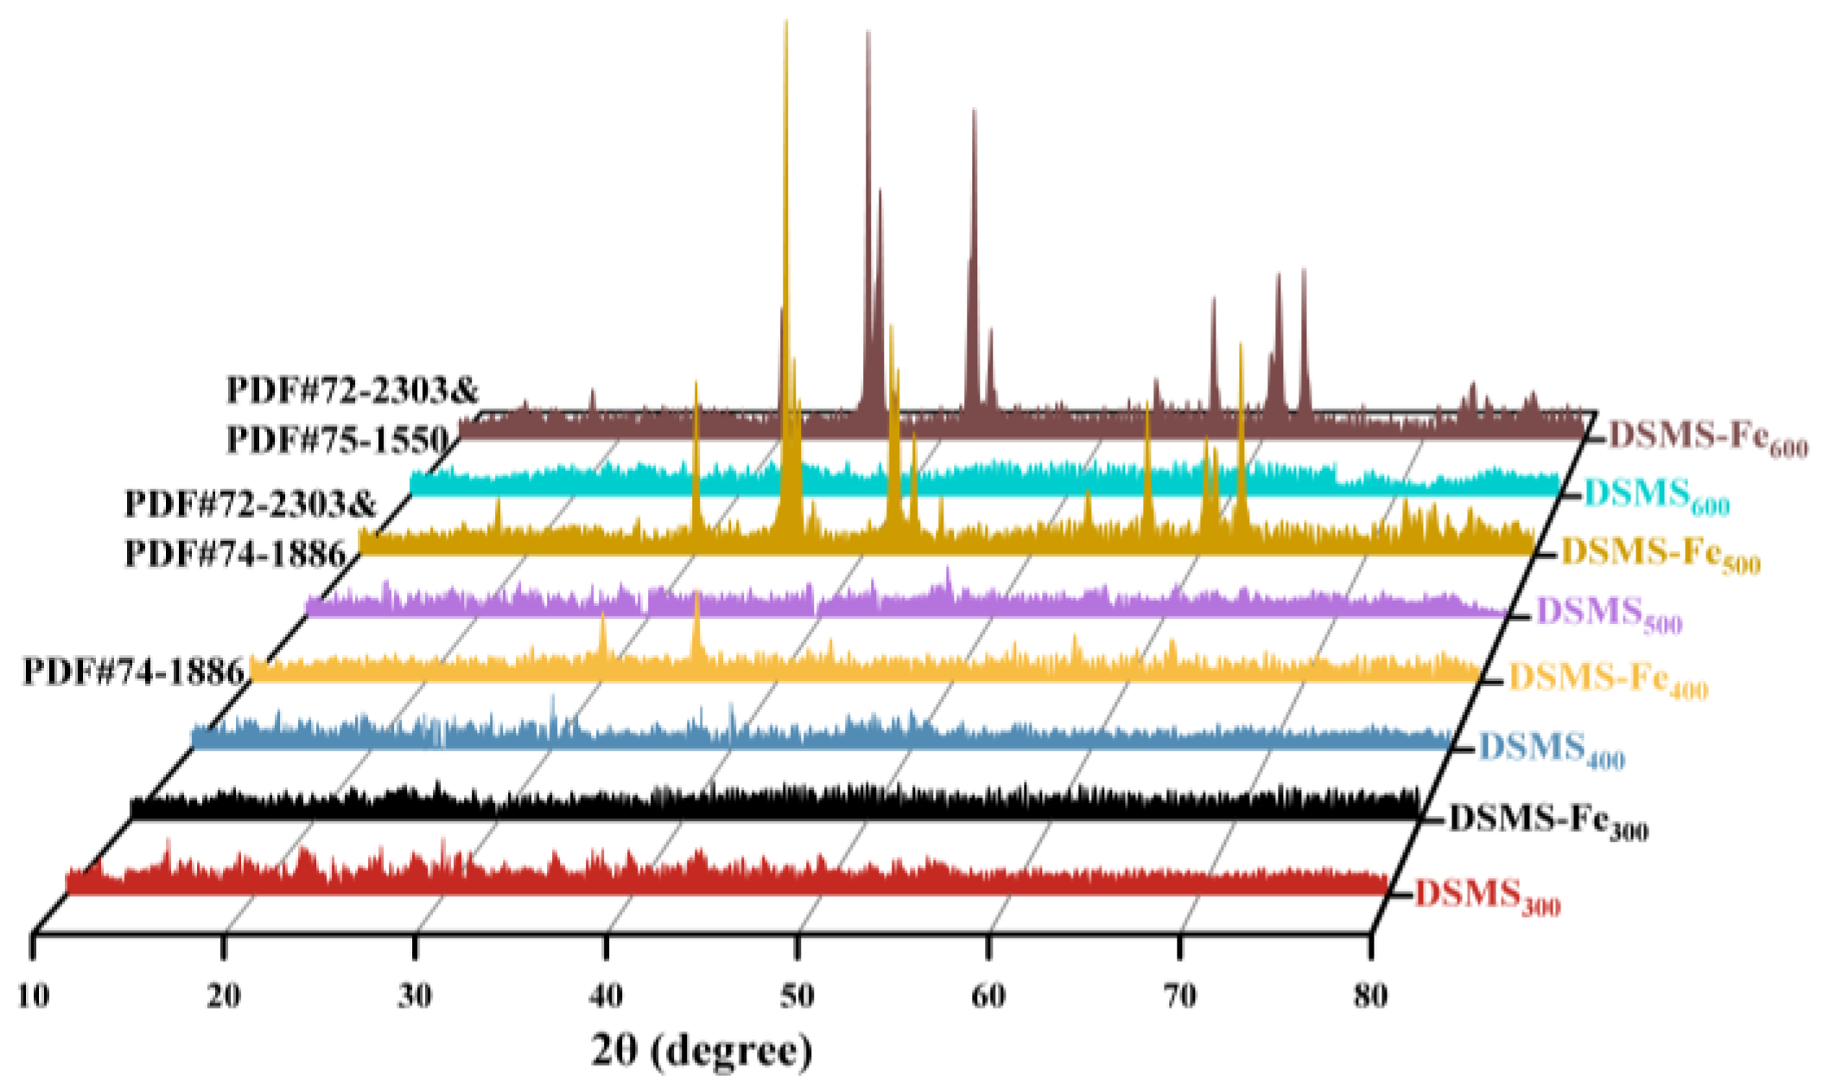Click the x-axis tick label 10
point(34,997)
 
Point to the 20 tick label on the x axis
point(225,997)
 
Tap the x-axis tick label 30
point(416,997)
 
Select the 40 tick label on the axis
point(607,997)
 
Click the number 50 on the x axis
point(797,997)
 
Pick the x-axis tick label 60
point(988,997)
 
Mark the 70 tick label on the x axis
point(1179,997)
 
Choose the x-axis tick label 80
point(1370,997)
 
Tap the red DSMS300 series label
point(1487,895)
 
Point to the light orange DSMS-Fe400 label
point(1607,679)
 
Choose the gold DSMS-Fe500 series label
point(1660,553)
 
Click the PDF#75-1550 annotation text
point(338,440)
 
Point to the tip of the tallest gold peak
point(786,21)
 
